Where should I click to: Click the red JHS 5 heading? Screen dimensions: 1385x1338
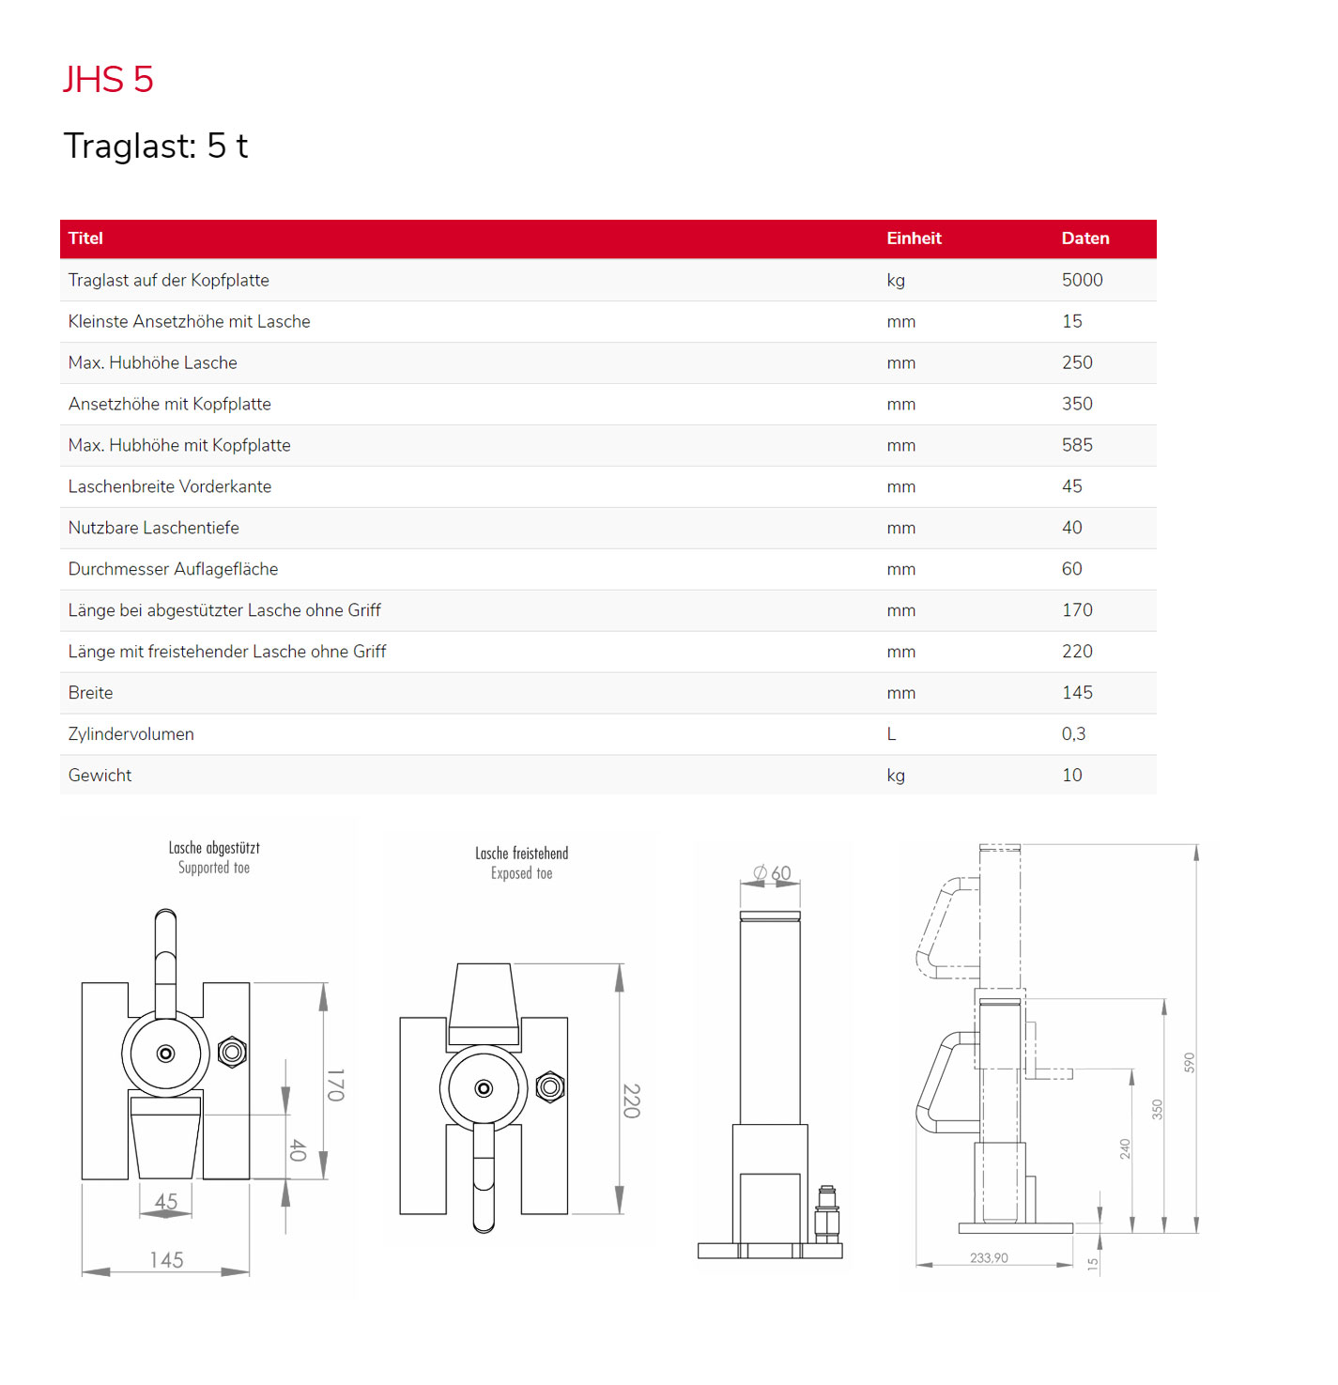(x=108, y=80)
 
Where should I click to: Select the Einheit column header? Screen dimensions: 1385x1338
(x=914, y=239)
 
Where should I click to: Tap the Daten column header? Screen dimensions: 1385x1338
(x=1084, y=239)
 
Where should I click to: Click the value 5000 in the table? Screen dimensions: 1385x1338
(x=1082, y=280)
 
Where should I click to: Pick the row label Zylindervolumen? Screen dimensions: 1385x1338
(x=131, y=734)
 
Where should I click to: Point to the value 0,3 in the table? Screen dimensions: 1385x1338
(x=1073, y=734)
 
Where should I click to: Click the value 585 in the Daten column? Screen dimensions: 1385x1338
(x=1077, y=445)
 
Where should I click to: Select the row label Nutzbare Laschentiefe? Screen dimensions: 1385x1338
(x=153, y=528)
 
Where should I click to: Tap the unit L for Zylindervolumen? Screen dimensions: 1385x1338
(x=891, y=734)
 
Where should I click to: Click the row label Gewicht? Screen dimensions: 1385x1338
(x=100, y=776)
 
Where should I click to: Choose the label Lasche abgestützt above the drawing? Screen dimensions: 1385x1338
(x=214, y=848)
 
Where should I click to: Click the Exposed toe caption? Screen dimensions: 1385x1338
(x=521, y=874)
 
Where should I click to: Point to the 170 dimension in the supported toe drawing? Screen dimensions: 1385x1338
(x=336, y=1085)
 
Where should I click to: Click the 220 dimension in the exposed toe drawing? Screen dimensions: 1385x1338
(x=632, y=1100)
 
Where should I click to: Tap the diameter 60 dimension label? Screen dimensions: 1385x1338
(x=773, y=873)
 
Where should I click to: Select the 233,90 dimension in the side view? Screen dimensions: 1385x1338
(x=989, y=1258)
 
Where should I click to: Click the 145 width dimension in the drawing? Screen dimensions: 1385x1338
(x=166, y=1260)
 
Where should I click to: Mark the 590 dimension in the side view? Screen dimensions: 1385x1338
(x=1189, y=1063)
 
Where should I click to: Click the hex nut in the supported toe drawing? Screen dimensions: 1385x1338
(x=232, y=1052)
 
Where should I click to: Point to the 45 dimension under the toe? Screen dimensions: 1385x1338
(x=166, y=1202)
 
